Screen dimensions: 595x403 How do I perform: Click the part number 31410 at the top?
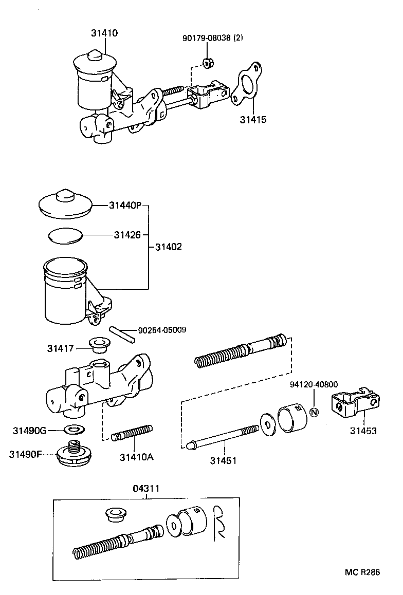104,33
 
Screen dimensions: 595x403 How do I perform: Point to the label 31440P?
125,206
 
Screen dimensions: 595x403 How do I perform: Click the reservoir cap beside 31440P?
65,203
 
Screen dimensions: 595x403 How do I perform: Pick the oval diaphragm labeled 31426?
65,235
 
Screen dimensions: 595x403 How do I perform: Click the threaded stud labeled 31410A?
133,433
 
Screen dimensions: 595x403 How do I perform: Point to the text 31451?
223,460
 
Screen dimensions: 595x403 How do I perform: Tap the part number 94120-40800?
314,384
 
